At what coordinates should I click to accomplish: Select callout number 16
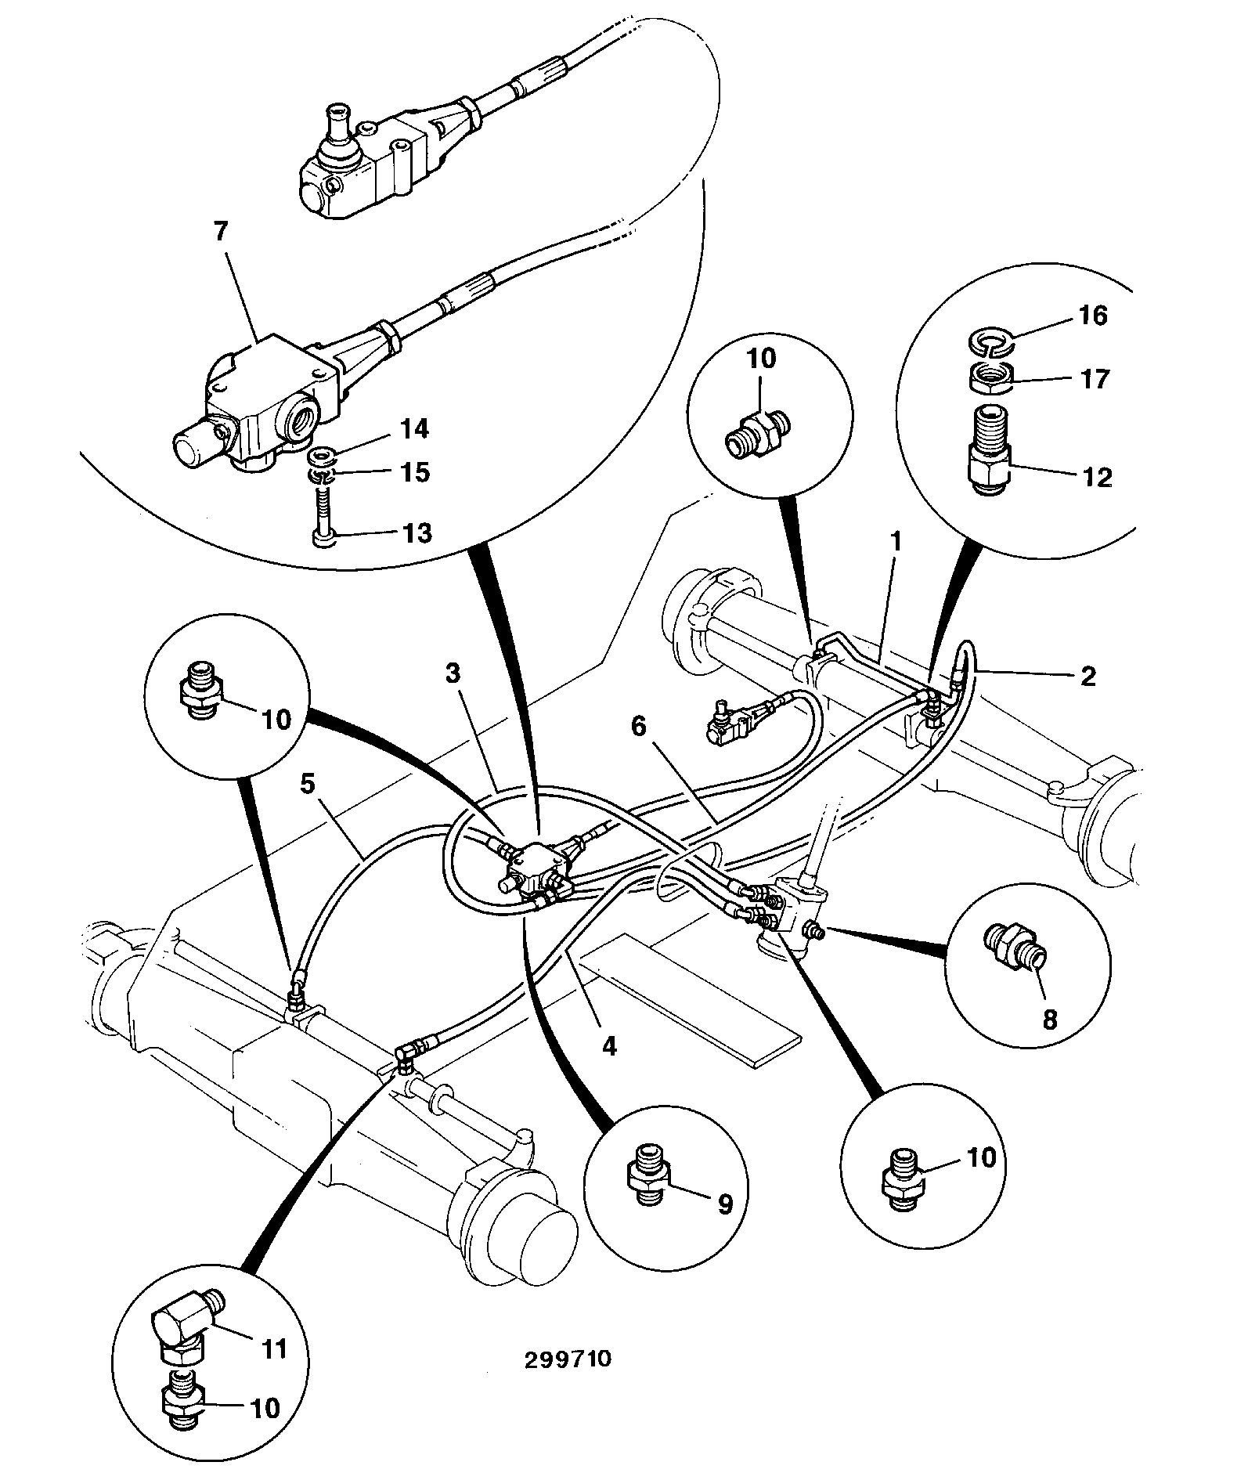click(x=1093, y=316)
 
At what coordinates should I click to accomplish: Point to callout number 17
click(x=1095, y=379)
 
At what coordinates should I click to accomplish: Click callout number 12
click(x=1097, y=477)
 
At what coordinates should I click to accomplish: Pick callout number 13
click(x=416, y=533)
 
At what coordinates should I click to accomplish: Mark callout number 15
click(x=416, y=472)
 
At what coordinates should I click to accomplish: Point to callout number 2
click(x=1088, y=676)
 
